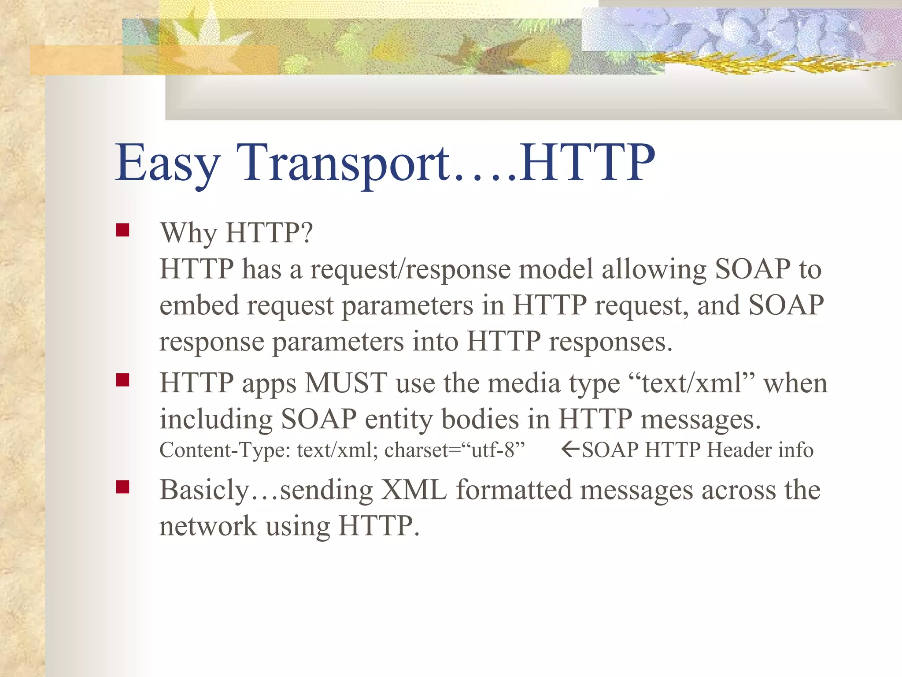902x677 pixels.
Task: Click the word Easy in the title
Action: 167,163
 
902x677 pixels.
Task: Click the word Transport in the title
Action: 344,163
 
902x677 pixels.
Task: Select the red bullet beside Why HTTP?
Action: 122,231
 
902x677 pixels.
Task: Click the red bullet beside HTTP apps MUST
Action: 122,380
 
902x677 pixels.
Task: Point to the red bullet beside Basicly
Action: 122,487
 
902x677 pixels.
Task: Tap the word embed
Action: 199,305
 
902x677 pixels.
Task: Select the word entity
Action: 399,419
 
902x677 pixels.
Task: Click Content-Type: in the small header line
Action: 225,450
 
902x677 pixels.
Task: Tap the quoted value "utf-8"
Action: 498,450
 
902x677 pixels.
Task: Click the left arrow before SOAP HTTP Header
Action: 570,449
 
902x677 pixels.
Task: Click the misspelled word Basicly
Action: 204,491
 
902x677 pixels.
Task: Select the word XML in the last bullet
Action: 414,490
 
